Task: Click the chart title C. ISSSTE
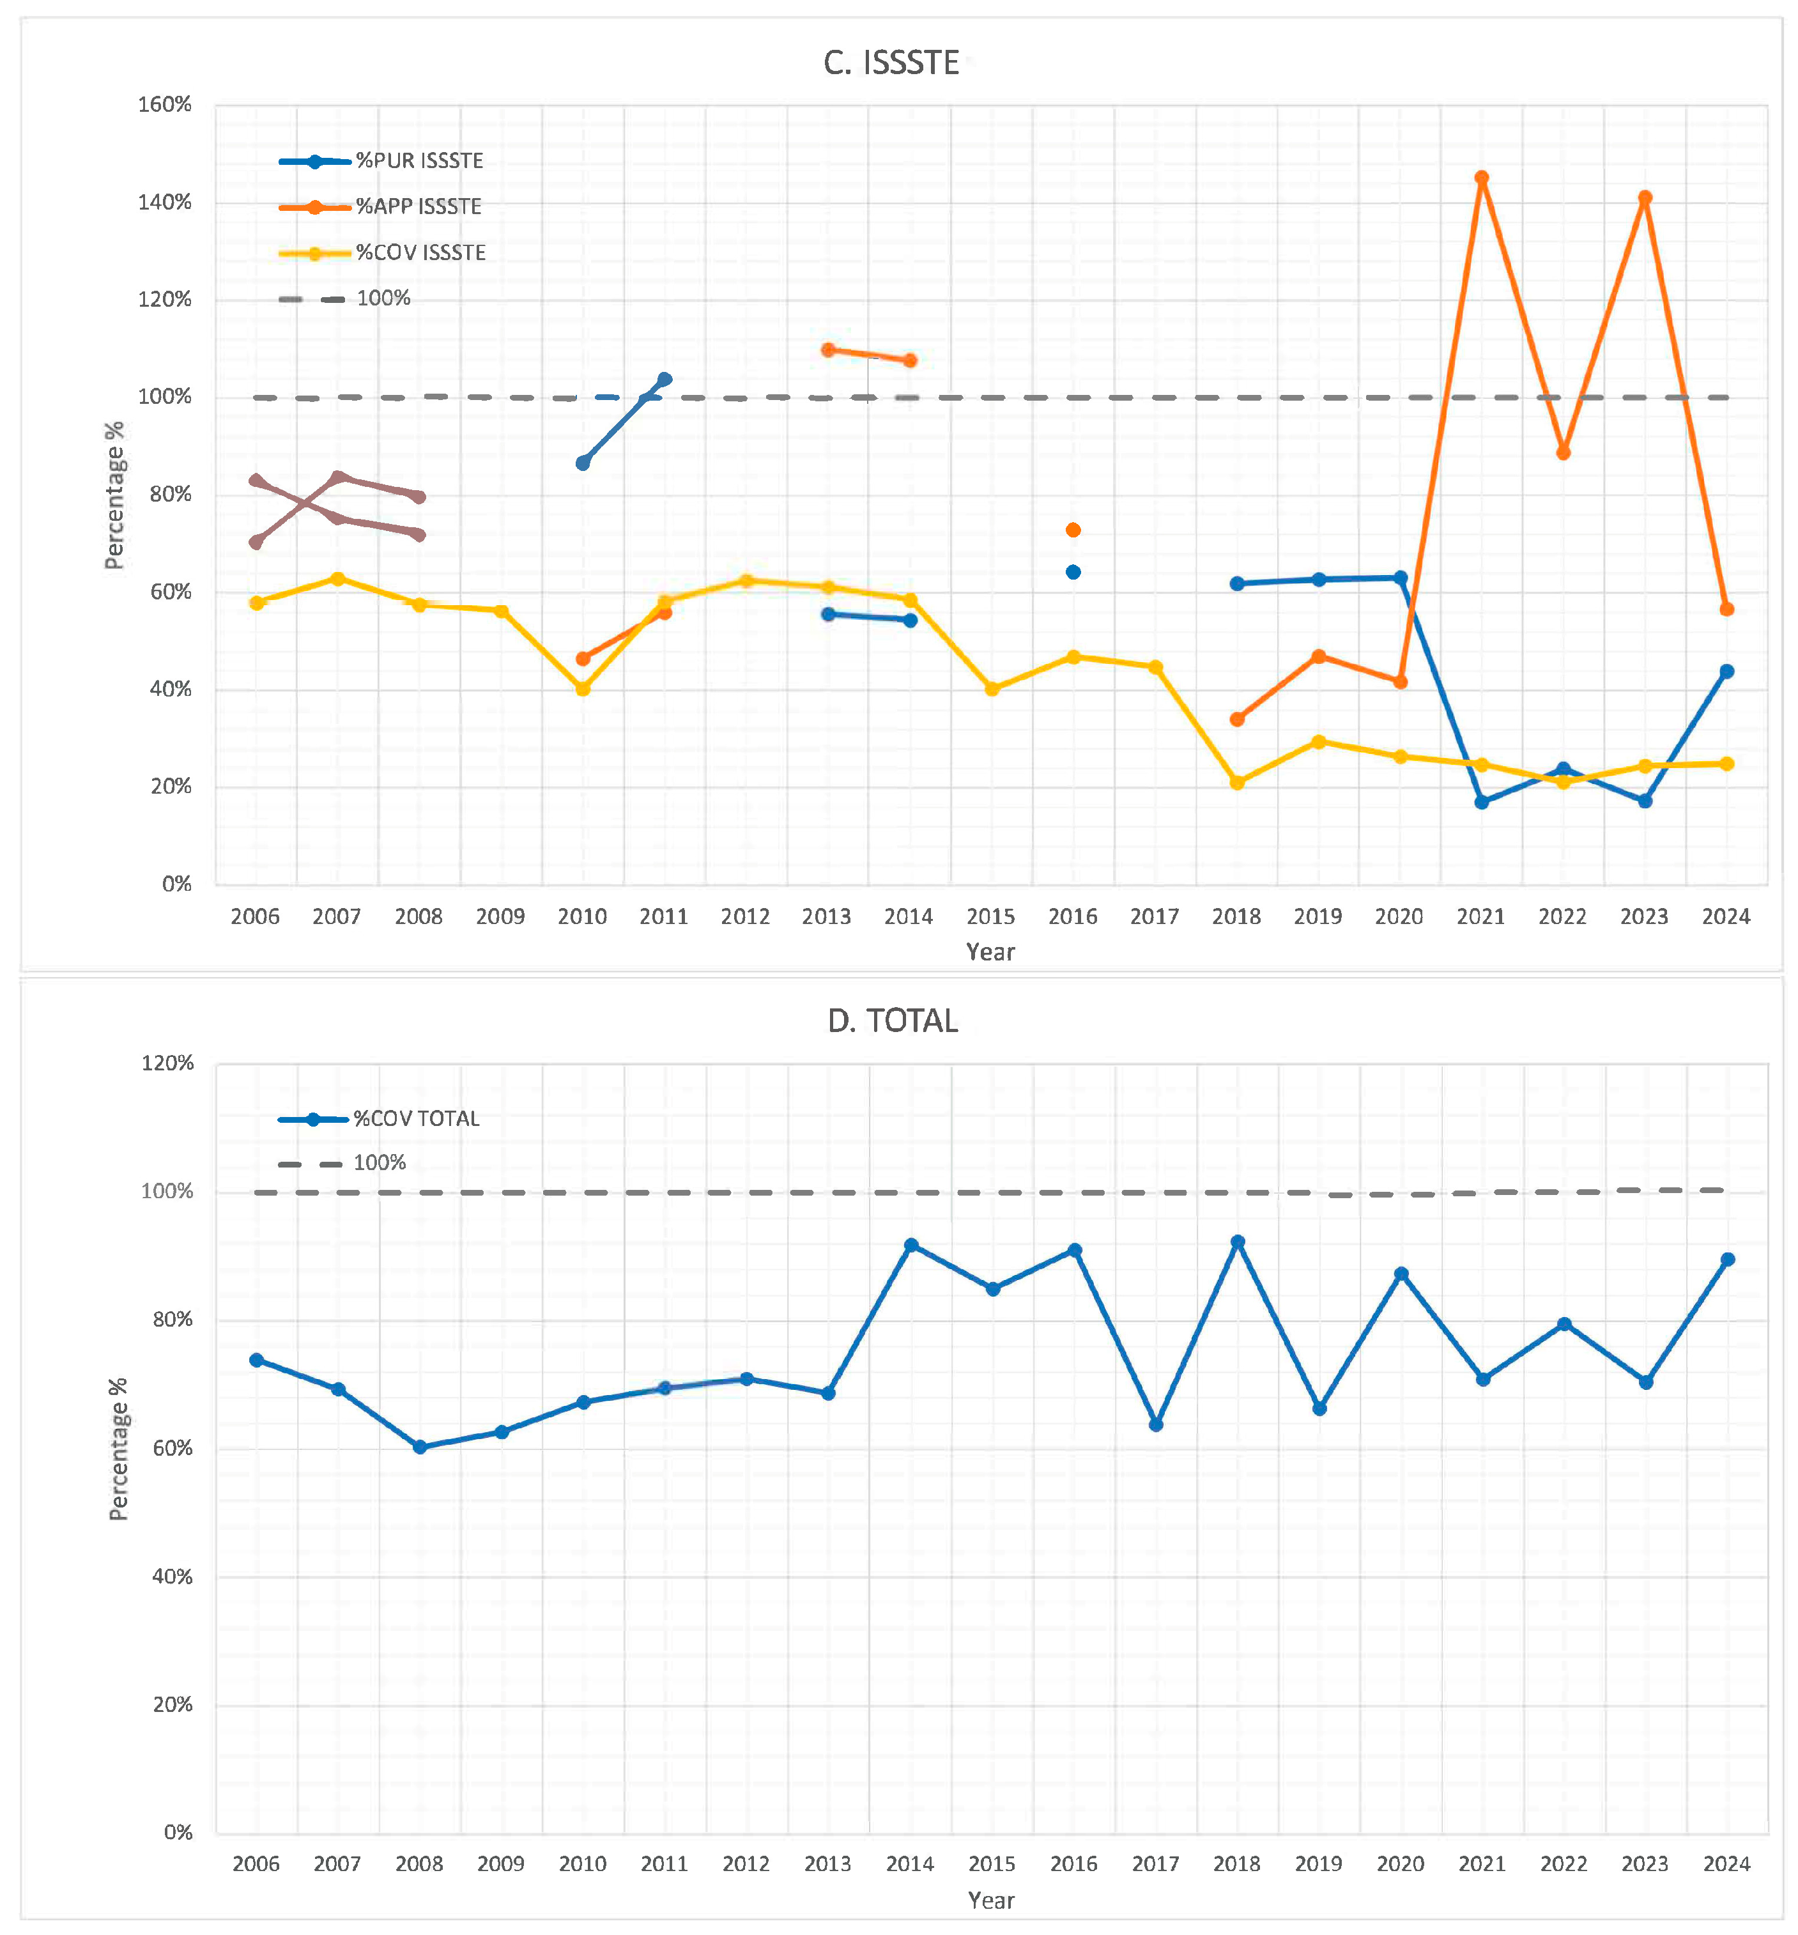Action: click(x=891, y=63)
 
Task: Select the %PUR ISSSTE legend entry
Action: click(x=419, y=160)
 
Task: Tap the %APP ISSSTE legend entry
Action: click(x=419, y=206)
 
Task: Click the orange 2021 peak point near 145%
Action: click(x=1481, y=178)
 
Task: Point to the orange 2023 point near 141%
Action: click(x=1644, y=197)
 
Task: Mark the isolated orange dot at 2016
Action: click(x=1073, y=530)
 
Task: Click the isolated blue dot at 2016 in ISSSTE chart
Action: click(x=1073, y=572)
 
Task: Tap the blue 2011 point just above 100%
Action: click(x=665, y=380)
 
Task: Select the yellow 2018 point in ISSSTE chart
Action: click(x=1236, y=782)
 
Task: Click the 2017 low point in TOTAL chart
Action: click(x=1156, y=1424)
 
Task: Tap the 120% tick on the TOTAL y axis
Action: click(x=167, y=1062)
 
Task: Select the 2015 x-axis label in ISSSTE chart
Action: click(x=990, y=916)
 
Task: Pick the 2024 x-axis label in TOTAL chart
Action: click(x=1726, y=1864)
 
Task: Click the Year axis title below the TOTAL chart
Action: click(x=990, y=1900)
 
